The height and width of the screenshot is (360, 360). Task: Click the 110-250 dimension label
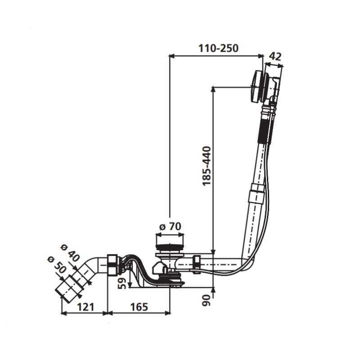(x=218, y=48)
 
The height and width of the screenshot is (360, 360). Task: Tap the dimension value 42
(x=275, y=56)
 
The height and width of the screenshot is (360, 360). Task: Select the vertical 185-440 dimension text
(x=207, y=166)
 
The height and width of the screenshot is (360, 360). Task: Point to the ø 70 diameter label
(x=170, y=227)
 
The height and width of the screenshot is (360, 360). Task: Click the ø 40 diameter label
(x=70, y=253)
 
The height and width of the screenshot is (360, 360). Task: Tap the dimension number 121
(x=85, y=307)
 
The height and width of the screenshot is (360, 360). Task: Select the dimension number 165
(x=139, y=307)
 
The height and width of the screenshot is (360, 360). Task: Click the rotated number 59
(x=123, y=283)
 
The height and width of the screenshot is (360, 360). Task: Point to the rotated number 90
(x=207, y=300)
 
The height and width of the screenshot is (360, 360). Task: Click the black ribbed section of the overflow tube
(x=264, y=131)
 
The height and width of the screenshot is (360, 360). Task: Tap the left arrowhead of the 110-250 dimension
(x=171, y=55)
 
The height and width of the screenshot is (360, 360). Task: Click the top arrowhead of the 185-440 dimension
(x=213, y=89)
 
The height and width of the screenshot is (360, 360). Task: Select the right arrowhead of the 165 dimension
(x=168, y=312)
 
